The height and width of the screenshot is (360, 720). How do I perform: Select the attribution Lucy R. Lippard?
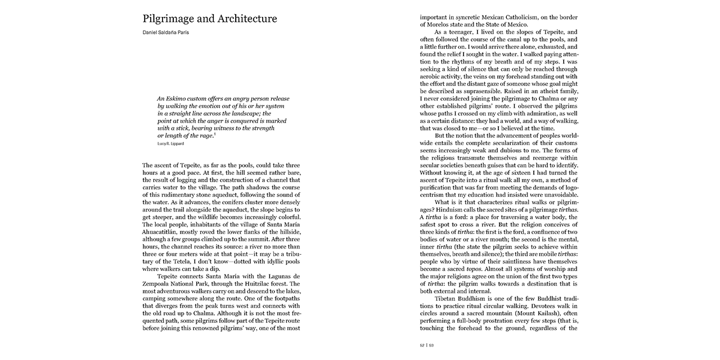click(170, 144)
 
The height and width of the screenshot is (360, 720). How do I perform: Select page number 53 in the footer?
click(431, 345)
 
